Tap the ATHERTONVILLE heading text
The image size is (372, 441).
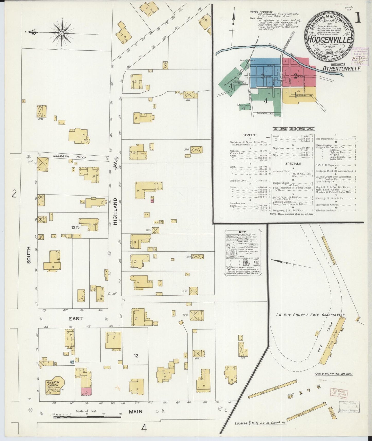click(x=341, y=68)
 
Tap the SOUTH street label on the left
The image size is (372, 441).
click(x=28, y=254)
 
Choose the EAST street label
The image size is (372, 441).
click(x=76, y=319)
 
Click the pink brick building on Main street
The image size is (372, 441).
click(x=86, y=391)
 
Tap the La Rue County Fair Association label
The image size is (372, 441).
click(x=310, y=315)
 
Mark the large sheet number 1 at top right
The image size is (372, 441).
click(x=358, y=19)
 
